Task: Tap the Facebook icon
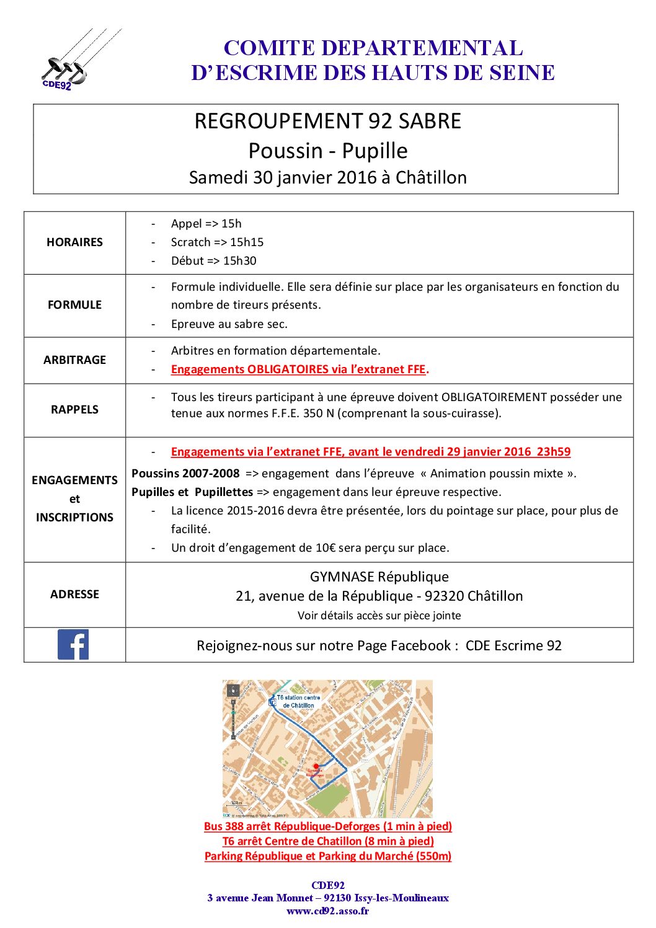click(x=73, y=645)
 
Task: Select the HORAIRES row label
click(x=74, y=242)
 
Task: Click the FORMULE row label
click(x=74, y=305)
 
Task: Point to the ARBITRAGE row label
click(x=74, y=360)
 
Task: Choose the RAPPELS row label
click(x=74, y=410)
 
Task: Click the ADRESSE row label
click(x=74, y=594)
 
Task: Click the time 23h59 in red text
click(x=554, y=452)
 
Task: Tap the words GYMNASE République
click(x=379, y=577)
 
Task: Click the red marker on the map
click(x=316, y=766)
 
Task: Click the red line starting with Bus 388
click(x=327, y=826)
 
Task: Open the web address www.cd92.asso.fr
click(x=327, y=911)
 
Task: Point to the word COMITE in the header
click(x=268, y=48)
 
